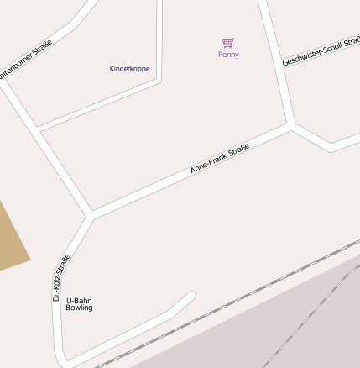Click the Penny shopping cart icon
[x=227, y=43]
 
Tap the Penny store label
[x=228, y=55]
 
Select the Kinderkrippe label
[x=130, y=69]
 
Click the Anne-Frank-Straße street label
[x=220, y=158]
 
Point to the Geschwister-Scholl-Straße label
[x=321, y=50]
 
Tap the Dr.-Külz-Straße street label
[x=60, y=278]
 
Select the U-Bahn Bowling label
[x=79, y=304]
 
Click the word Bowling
[x=79, y=308]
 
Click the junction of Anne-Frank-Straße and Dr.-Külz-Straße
[x=91, y=215]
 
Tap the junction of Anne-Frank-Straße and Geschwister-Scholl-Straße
[x=290, y=127]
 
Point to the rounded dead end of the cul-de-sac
[x=190, y=296]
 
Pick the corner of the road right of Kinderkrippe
[x=159, y=81]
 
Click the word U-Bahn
[x=78, y=300]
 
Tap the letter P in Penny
[x=221, y=55]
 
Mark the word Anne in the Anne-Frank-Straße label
[x=199, y=168]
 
